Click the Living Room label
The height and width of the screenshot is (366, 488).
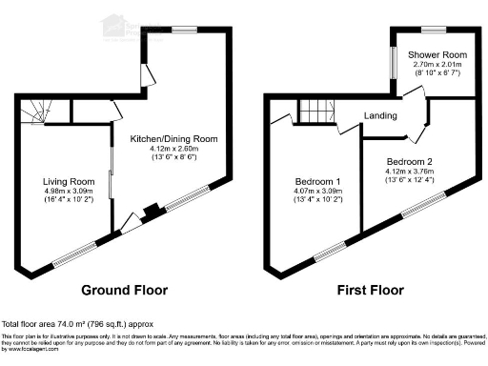click(68, 180)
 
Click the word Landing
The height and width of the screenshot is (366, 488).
click(379, 117)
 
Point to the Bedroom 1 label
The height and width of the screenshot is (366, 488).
click(314, 180)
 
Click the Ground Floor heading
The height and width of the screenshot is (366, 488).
click(124, 290)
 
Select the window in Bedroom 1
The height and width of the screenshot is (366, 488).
click(330, 251)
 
